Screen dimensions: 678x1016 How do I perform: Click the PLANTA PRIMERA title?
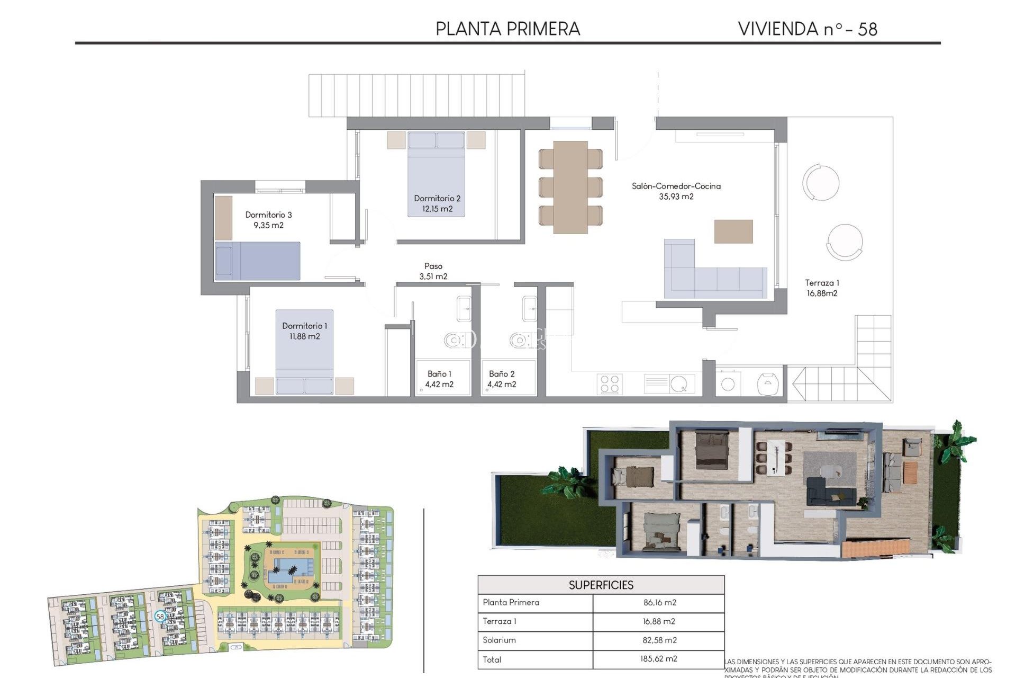pos(507,29)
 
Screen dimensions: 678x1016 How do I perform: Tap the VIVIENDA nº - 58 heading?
pos(807,29)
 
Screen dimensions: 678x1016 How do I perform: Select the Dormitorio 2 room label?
pos(437,203)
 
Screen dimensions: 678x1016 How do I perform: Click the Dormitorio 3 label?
pos(268,220)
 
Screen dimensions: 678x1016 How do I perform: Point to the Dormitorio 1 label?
pos(304,331)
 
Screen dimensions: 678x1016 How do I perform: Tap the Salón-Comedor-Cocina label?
pos(676,191)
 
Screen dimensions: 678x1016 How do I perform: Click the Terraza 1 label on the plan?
pos(822,288)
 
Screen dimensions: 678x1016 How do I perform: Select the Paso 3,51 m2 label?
pos(433,271)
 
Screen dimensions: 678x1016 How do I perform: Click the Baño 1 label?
pos(439,379)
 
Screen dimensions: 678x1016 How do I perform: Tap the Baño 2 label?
pos(502,379)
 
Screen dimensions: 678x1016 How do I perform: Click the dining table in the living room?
pos(570,187)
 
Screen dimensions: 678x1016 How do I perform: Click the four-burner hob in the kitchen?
pos(610,384)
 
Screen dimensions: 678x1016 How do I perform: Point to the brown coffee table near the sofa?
pos(733,231)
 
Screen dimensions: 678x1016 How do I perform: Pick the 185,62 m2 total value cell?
pos(658,659)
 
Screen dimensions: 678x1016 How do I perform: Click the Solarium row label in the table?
pos(499,640)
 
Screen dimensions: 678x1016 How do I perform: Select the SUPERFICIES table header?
pos(601,585)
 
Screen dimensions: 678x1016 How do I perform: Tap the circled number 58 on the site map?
pos(160,617)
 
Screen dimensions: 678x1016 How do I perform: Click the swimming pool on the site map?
pos(290,569)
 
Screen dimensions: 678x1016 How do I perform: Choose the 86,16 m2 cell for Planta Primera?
pos(659,602)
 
